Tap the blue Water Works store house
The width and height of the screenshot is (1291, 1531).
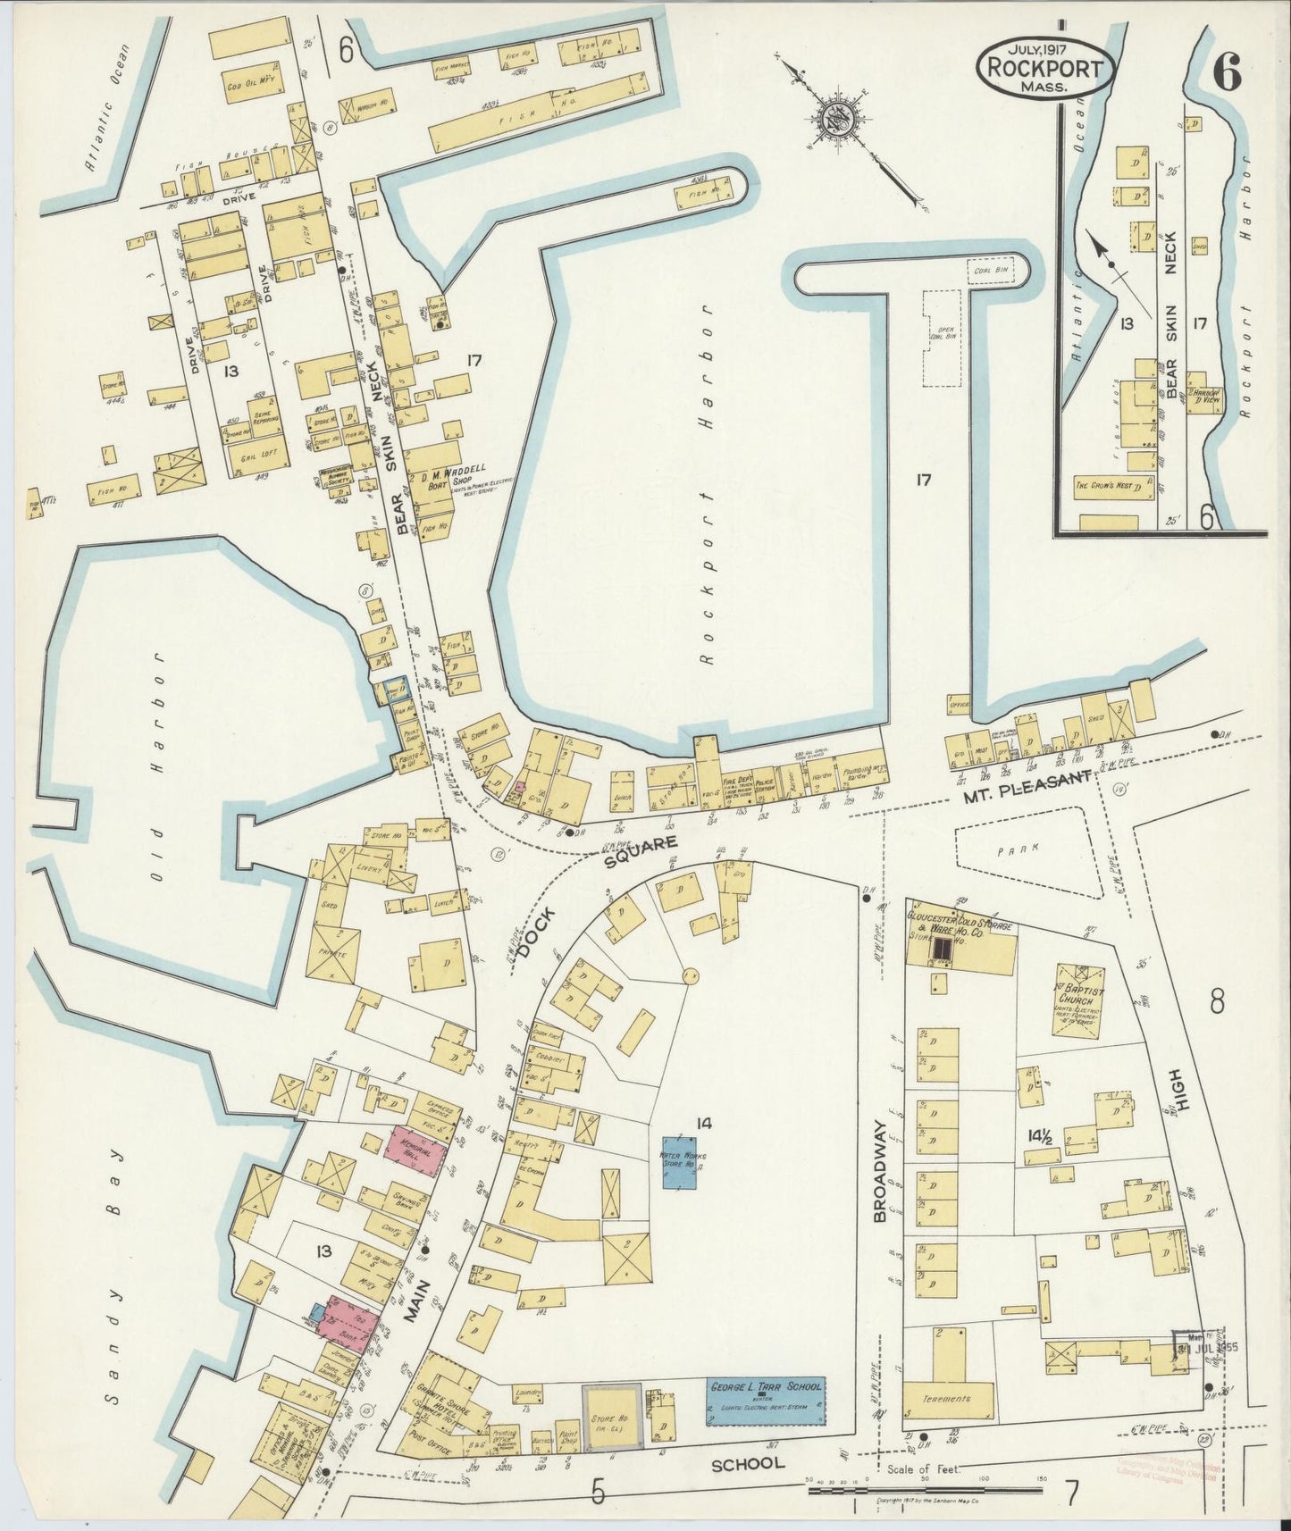pos(683,1161)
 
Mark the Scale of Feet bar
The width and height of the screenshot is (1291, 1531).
pos(929,1489)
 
